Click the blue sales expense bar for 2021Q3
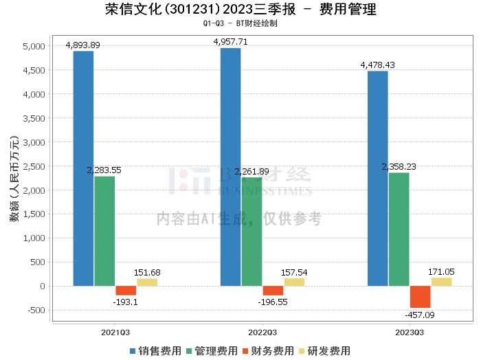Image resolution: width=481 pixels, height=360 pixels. [x=83, y=168]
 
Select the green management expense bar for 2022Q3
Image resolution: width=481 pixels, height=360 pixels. [x=251, y=232]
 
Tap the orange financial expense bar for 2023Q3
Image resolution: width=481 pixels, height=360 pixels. [x=420, y=297]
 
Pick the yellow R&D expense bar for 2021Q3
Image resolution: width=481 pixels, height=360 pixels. [x=147, y=282]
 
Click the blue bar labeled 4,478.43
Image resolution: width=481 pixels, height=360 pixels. [x=377, y=179]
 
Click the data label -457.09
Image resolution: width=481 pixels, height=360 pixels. [x=420, y=316]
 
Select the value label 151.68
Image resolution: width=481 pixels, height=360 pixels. [x=147, y=272]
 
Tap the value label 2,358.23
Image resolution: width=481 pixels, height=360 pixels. [x=399, y=166]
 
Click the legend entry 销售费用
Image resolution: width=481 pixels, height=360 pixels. [x=155, y=350]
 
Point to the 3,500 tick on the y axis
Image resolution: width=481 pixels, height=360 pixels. [x=34, y=118]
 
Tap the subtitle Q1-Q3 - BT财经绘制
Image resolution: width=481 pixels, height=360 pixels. [x=240, y=23]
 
